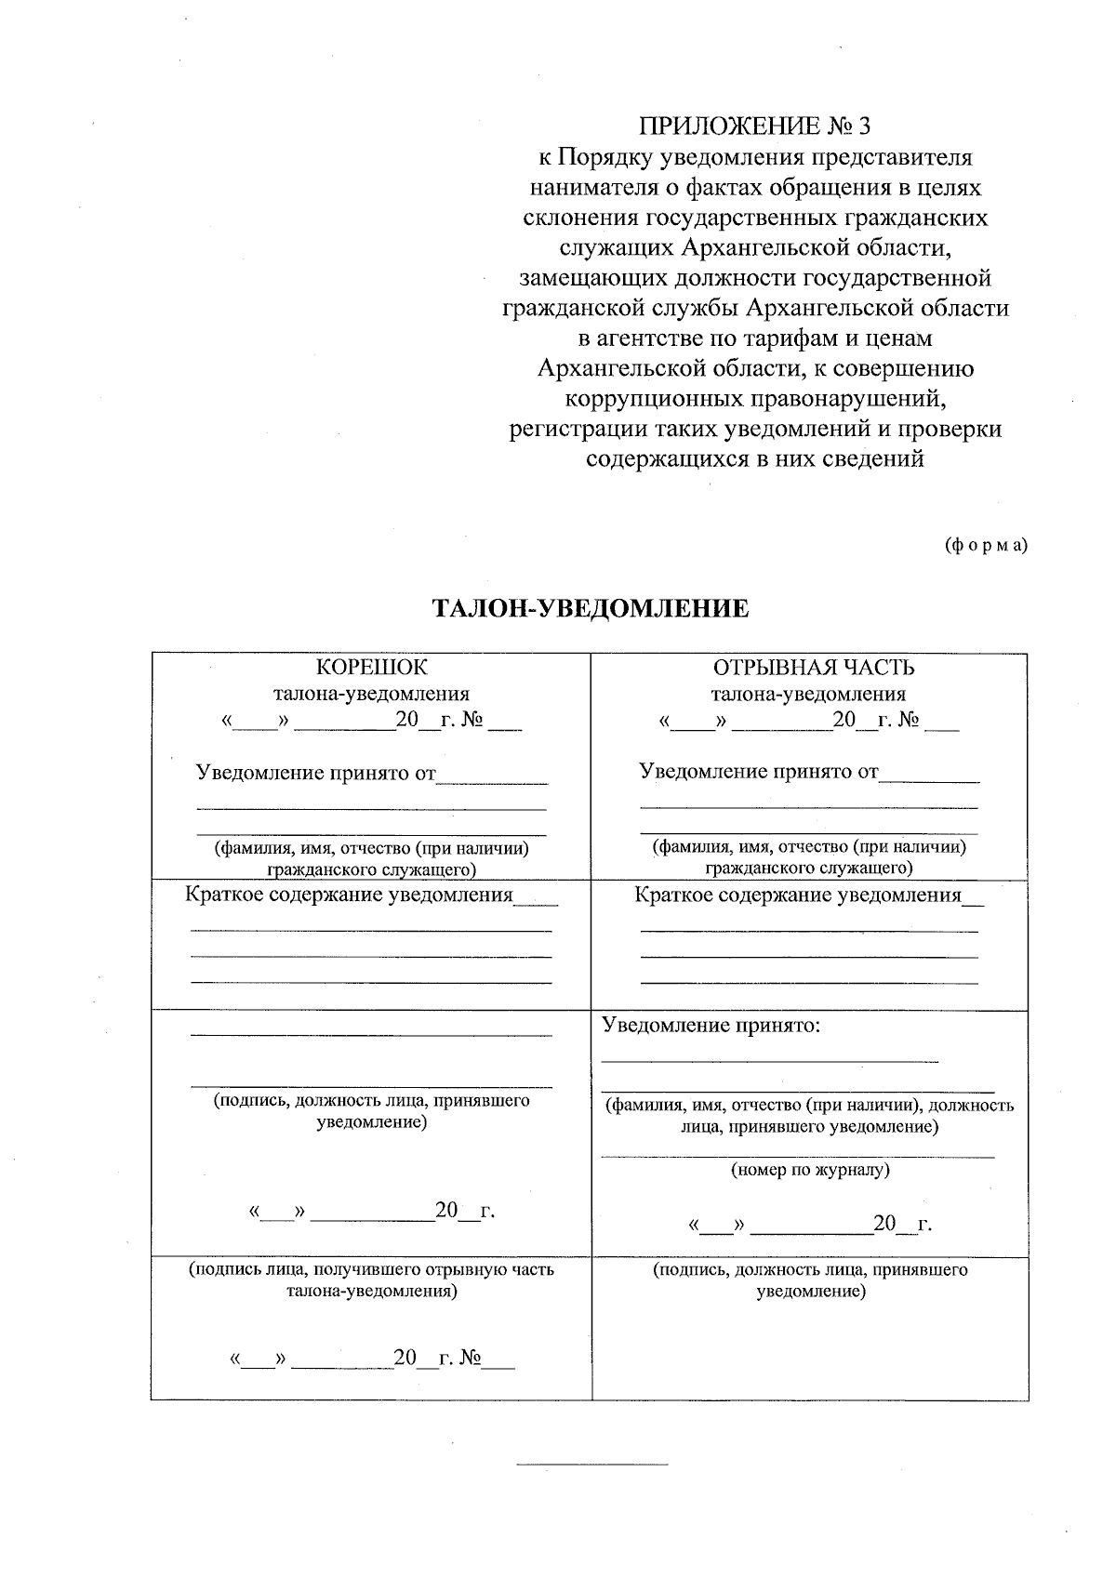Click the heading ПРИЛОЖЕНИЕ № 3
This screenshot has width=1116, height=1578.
[755, 126]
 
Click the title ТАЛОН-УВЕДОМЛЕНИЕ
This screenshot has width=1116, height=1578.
[591, 609]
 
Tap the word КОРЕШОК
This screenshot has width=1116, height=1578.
[371, 668]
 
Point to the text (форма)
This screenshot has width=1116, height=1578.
[986, 545]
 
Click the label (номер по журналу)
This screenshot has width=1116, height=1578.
[809, 1170]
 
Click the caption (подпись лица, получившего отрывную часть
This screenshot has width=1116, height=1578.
[371, 1269]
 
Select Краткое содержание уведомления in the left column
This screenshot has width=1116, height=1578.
[349, 895]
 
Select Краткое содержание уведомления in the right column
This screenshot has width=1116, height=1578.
[797, 895]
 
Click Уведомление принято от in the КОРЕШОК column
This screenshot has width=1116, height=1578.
[315, 772]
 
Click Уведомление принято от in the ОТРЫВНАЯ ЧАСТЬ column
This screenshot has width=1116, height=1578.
[758, 771]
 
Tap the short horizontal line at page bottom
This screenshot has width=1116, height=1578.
[591, 1465]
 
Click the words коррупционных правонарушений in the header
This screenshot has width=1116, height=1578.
[755, 399]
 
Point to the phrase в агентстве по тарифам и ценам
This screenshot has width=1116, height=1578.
[755, 338]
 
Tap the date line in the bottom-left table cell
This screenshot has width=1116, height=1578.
[371, 1359]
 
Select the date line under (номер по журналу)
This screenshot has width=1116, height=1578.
[809, 1224]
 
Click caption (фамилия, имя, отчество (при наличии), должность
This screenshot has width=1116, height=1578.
[809, 1106]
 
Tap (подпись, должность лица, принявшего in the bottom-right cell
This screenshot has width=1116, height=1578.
[810, 1269]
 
